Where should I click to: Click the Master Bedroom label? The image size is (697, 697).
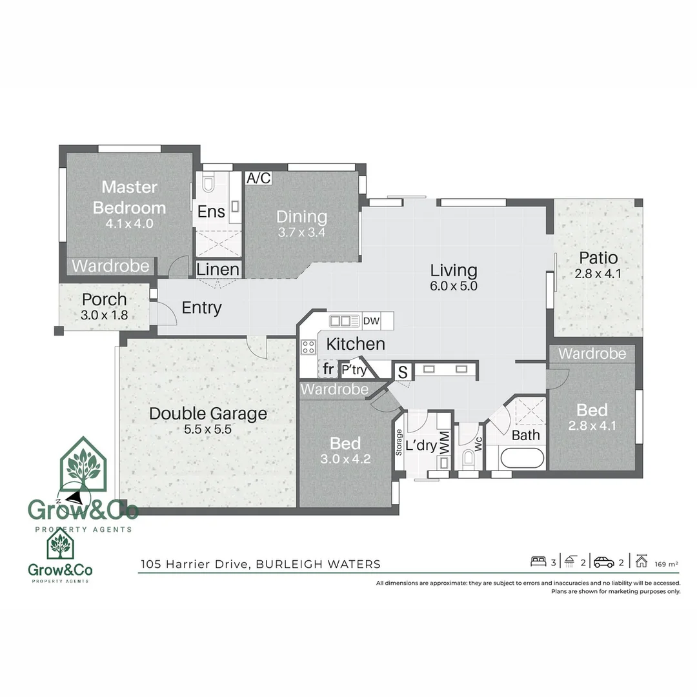click(129, 197)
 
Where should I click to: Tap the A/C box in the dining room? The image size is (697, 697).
click(259, 178)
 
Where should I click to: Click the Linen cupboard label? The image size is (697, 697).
click(218, 269)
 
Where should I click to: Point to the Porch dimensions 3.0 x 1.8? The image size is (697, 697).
click(105, 315)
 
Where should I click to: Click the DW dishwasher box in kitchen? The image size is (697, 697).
click(371, 321)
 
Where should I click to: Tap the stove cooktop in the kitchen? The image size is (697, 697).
click(308, 347)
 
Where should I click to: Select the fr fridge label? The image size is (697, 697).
click(328, 369)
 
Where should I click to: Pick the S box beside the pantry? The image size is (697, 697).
click(403, 372)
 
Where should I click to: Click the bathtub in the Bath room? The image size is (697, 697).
click(522, 458)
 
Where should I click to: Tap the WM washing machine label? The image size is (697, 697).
click(444, 442)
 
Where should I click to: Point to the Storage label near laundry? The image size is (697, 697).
click(399, 442)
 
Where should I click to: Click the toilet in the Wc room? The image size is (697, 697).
click(469, 457)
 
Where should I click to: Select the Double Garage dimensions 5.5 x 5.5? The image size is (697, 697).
click(208, 429)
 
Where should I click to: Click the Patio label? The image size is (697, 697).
click(598, 258)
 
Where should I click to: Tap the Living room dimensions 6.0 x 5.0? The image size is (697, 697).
click(454, 286)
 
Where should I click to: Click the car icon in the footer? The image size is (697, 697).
click(604, 562)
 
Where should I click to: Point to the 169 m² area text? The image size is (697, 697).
click(666, 564)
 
